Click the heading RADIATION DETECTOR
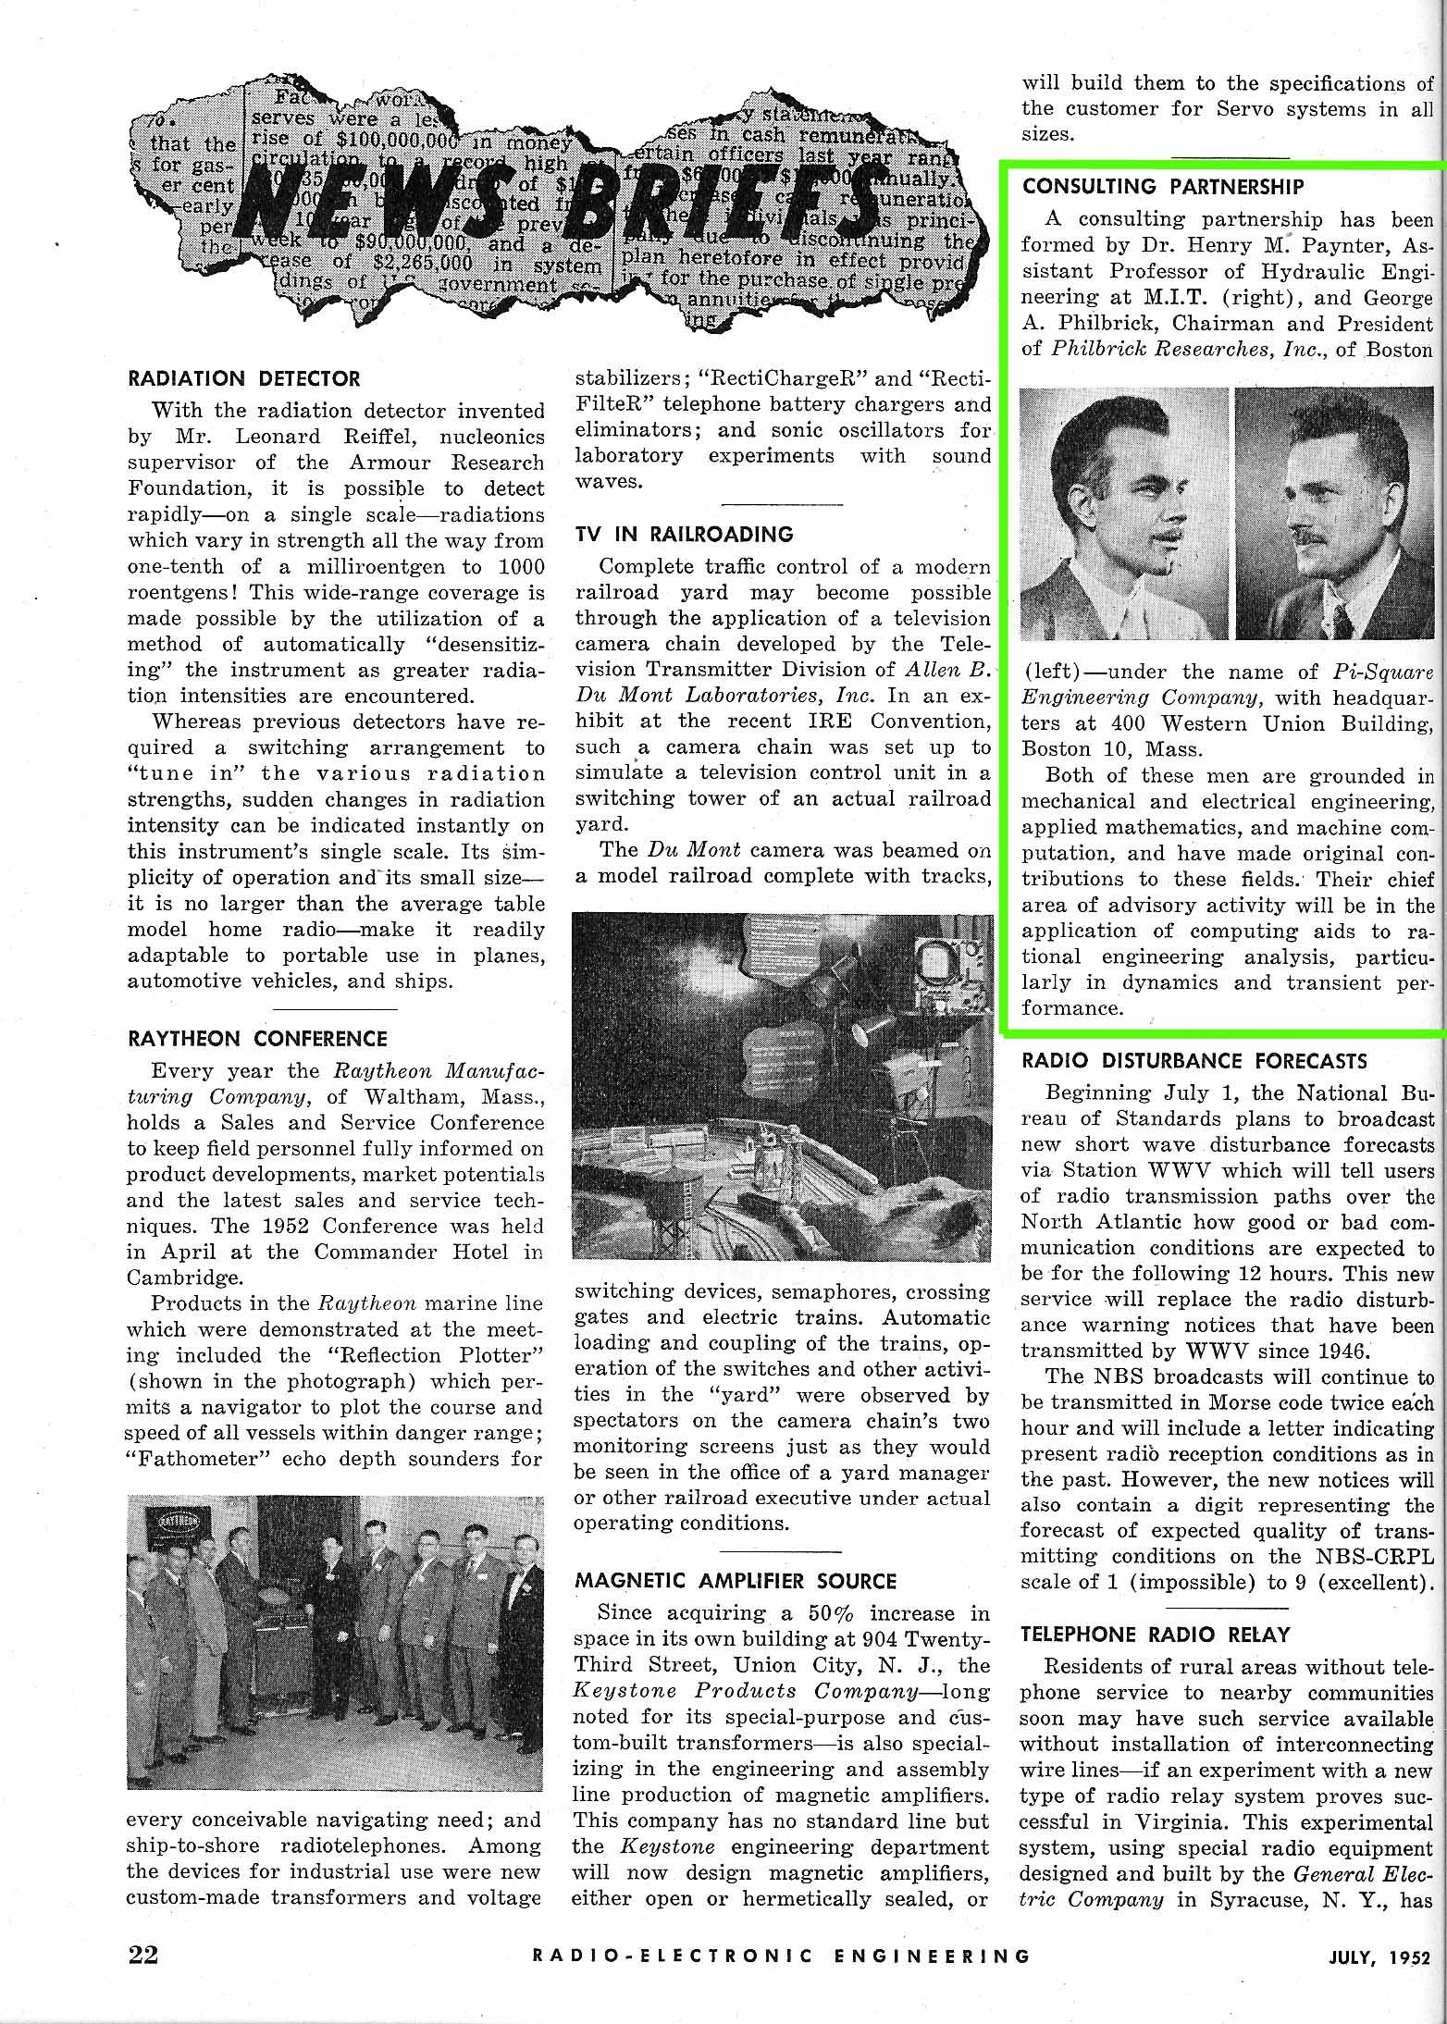pos(243,378)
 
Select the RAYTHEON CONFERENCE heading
pos(257,1039)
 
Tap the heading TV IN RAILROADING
pos(684,534)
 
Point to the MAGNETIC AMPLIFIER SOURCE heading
pos(736,1581)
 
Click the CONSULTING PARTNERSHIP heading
pos(1163,186)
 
